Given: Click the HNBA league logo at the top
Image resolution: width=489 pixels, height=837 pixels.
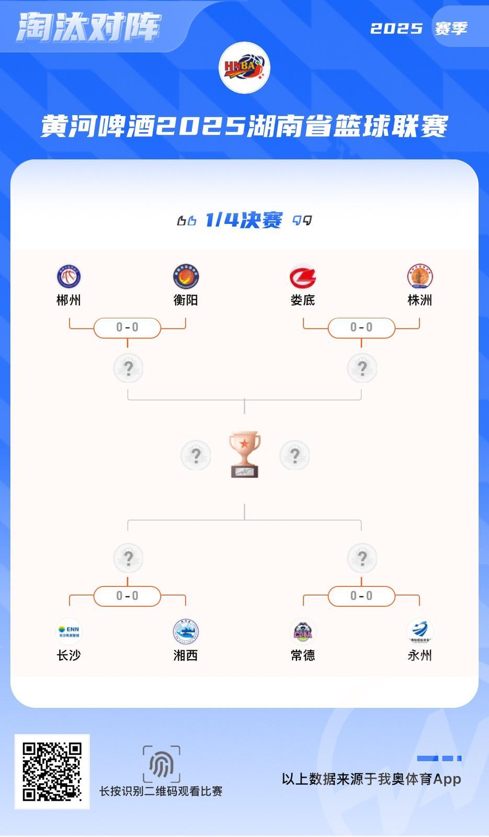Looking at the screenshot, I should tap(244, 68).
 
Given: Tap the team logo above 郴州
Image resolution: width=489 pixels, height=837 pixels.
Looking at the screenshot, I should tap(69, 276).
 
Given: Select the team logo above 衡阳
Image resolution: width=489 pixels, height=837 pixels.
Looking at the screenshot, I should tap(186, 276).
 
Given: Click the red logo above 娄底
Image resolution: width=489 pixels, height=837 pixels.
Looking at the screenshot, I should tap(303, 277).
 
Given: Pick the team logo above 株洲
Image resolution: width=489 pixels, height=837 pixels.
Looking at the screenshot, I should tap(419, 276).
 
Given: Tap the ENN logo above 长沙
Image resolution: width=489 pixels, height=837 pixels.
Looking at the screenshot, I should tap(69, 631).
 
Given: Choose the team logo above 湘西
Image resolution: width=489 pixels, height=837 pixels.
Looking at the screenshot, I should tap(186, 631).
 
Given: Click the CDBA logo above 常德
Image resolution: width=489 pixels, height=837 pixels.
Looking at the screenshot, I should tap(303, 631).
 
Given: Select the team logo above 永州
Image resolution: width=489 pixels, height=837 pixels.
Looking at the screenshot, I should tap(419, 631).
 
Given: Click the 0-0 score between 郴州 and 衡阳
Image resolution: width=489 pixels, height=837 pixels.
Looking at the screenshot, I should tap(127, 327).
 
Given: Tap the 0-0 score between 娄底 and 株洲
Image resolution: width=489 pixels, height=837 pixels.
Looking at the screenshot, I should tap(361, 327).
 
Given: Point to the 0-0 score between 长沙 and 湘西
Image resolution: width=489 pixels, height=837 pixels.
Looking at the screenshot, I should tap(127, 596).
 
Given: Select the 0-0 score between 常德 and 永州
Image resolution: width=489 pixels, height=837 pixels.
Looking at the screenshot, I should tap(361, 596).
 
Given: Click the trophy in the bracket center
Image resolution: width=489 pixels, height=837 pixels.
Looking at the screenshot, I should tap(244, 454).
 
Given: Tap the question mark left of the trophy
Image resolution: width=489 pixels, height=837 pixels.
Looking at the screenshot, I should tap(196, 455).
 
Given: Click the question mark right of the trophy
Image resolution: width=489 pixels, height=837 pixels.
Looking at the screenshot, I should tap(294, 455).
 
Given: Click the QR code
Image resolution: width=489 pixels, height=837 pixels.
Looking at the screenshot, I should tap(52, 772).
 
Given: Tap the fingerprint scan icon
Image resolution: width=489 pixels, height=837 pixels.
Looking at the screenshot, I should tap(162, 764).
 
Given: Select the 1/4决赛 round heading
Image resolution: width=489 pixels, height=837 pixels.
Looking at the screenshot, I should tap(244, 220).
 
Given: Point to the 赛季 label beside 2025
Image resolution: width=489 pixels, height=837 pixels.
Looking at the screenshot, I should tap(451, 28).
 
